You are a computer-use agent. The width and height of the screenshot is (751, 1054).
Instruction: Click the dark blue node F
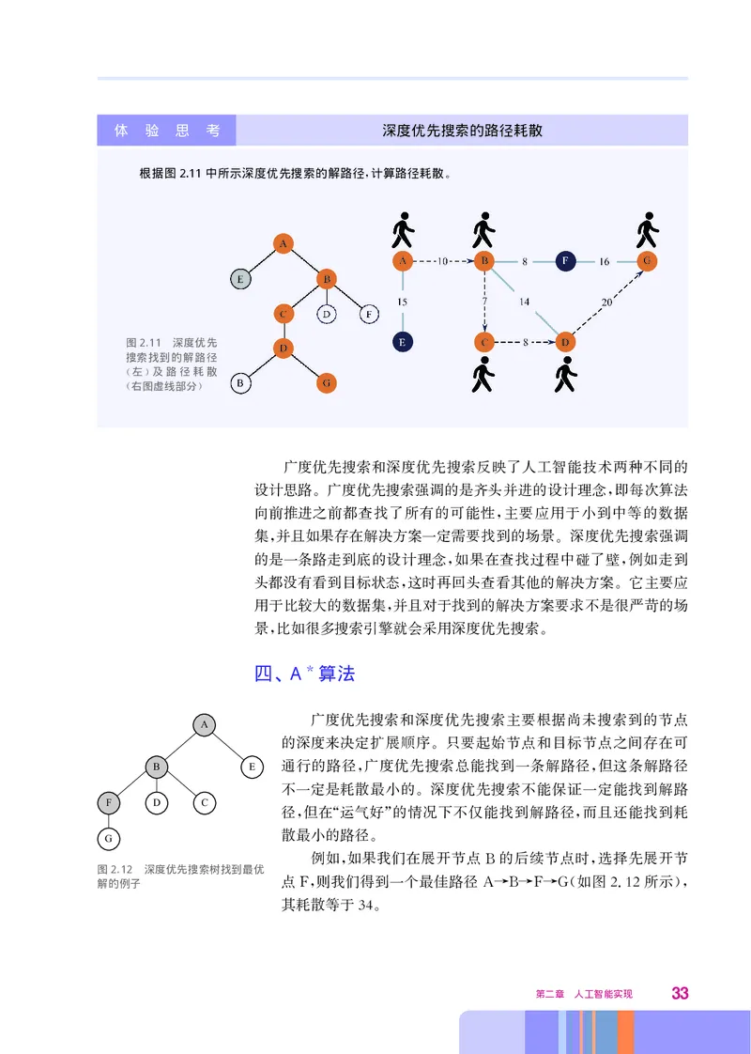tap(564, 261)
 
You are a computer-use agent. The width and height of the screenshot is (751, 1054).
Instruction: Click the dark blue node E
tap(402, 342)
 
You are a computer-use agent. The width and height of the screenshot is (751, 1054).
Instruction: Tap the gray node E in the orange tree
tap(241, 278)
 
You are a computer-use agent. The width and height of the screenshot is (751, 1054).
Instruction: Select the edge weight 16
tap(605, 262)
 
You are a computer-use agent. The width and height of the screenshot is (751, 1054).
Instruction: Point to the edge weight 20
tap(606, 302)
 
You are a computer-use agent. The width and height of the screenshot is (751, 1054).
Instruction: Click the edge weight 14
tap(524, 302)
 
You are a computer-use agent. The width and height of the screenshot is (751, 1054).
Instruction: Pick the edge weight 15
tap(402, 302)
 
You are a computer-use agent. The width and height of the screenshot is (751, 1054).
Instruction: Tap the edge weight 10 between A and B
tap(443, 261)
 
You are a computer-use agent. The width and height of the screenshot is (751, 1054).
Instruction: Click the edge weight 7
tap(484, 301)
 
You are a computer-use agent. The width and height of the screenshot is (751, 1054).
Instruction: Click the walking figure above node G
tap(646, 230)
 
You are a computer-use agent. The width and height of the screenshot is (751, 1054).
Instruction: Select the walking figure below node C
tap(483, 375)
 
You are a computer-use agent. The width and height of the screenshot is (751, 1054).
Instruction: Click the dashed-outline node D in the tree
tap(327, 314)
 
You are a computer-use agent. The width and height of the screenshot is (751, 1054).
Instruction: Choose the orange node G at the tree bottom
tap(327, 382)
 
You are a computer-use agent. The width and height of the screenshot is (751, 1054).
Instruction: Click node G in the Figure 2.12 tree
tap(109, 836)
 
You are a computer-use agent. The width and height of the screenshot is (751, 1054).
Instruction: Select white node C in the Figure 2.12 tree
tap(204, 802)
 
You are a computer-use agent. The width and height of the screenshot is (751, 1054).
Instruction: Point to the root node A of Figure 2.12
tap(204, 723)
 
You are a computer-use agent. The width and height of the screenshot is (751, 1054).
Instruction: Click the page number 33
tap(681, 994)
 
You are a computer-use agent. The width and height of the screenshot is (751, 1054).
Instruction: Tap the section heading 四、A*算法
tap(305, 674)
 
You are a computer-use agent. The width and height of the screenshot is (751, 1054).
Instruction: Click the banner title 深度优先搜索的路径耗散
tap(462, 131)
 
